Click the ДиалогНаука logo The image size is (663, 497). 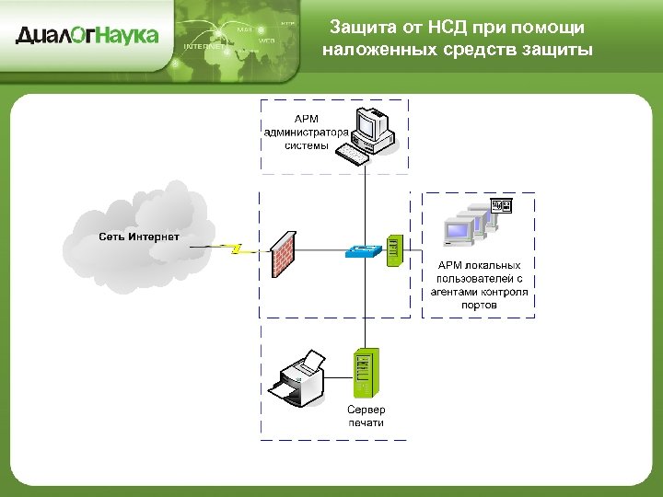click(x=87, y=36)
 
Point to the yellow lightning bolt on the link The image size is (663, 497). click(x=236, y=248)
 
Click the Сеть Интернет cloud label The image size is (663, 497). click(x=139, y=237)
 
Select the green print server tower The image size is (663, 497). click(x=365, y=372)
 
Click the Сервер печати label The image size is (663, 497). click(x=366, y=415)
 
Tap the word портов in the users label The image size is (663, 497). click(x=479, y=305)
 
